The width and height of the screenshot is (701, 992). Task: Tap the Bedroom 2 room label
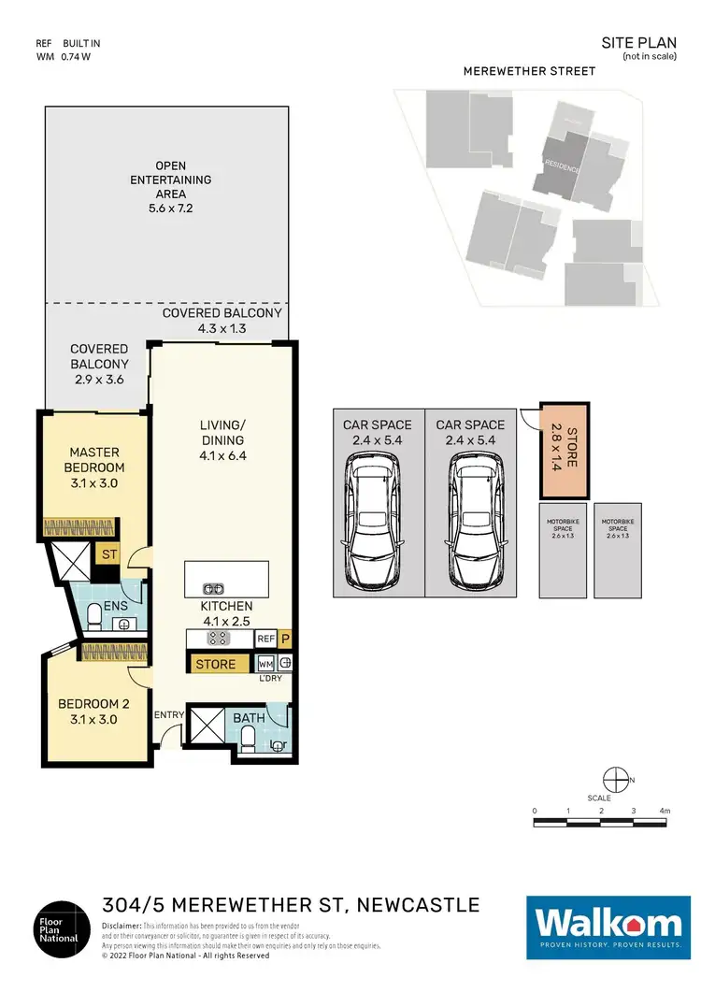click(88, 712)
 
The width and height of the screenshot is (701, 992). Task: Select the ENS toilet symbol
click(94, 614)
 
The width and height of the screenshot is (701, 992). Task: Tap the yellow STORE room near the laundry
click(216, 665)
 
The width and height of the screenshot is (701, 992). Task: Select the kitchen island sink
click(214, 588)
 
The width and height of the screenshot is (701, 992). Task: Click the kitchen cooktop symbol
click(219, 638)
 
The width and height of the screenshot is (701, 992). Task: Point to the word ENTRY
click(169, 714)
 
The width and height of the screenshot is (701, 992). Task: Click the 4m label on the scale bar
click(665, 810)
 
